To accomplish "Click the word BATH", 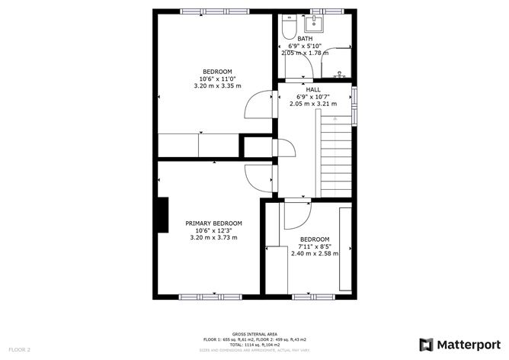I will pyautogui.click(x=305, y=39).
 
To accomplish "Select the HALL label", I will pyautogui.click(x=312, y=90).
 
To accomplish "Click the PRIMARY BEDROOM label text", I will pyautogui.click(x=213, y=223).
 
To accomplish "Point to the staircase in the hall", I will pyautogui.click(x=335, y=156).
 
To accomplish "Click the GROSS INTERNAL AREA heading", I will pyautogui.click(x=254, y=333).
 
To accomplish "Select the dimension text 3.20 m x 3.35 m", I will pyautogui.click(x=217, y=85).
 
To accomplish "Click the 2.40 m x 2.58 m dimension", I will pyautogui.click(x=314, y=252).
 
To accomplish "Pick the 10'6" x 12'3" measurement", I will pyautogui.click(x=213, y=230).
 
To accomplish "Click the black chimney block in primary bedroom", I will pyautogui.click(x=162, y=214).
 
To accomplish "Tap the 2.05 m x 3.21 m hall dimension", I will pyautogui.click(x=312, y=104).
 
